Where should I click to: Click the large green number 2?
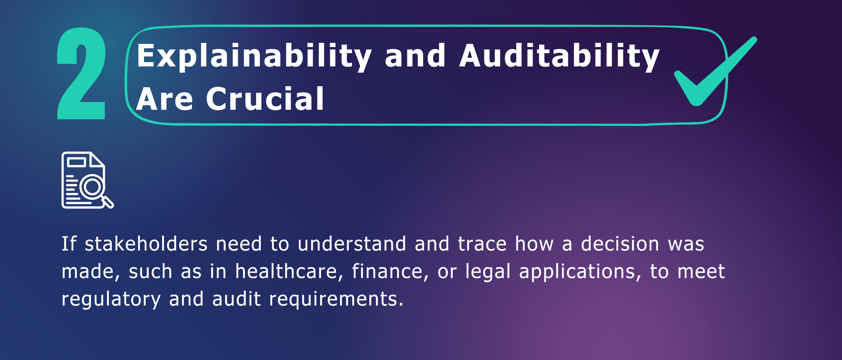coord(81,73)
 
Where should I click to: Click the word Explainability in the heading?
coord(254,57)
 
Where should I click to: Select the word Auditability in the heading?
coord(559,57)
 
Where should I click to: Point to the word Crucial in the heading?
coord(265,99)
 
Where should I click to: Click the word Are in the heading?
coord(164,99)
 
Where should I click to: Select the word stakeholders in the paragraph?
coord(146,244)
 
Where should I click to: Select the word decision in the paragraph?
coord(620,244)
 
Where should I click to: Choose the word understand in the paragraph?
coord(352,244)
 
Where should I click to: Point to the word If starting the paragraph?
coord(69,244)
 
